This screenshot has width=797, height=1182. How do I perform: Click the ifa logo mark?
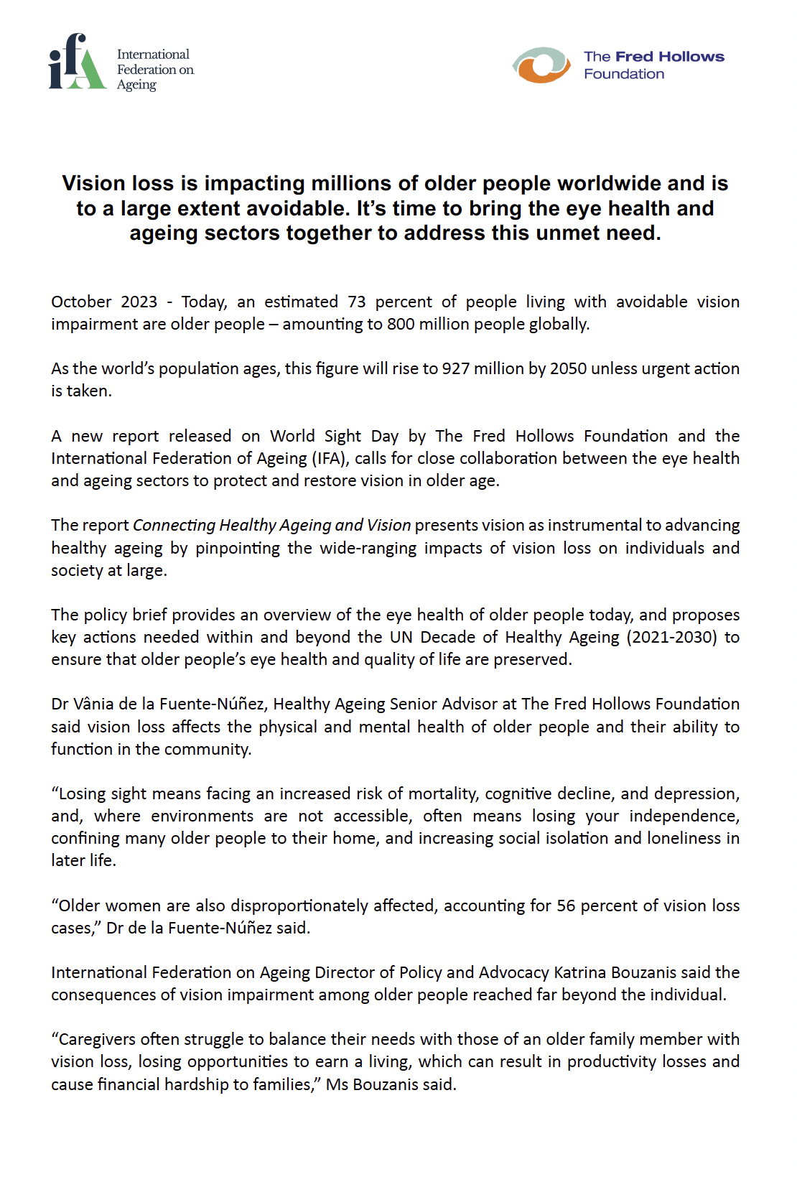coord(77,62)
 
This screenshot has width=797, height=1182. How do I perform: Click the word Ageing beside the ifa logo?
coord(136,85)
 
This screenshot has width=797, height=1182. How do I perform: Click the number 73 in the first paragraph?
coord(357,302)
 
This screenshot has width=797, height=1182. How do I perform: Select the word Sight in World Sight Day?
coord(342,436)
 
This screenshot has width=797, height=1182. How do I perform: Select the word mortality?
coord(443,794)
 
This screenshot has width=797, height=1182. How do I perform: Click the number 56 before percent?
coord(566,906)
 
